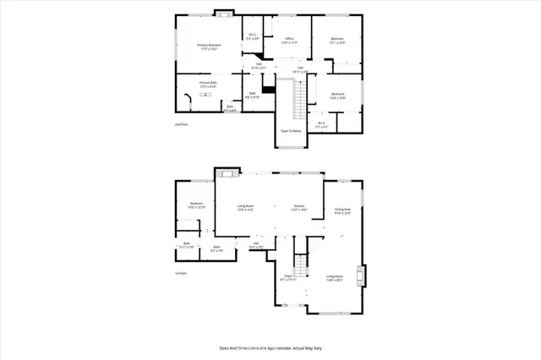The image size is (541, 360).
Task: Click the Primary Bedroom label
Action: click(208, 46)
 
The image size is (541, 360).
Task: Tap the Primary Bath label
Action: click(208, 84)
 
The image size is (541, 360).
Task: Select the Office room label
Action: click(289, 40)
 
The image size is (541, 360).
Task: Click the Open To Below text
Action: click(291, 131)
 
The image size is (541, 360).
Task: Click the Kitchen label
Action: click(299, 207)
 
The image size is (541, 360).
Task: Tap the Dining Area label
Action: click(342, 211)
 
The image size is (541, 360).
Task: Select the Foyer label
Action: click(287, 277)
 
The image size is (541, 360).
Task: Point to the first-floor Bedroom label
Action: click(196, 205)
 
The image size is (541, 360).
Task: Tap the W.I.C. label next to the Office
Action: click(252, 36)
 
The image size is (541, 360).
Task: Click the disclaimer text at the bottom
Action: click(270, 346)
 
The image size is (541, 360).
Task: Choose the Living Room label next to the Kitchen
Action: click(245, 207)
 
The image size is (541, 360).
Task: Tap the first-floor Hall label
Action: click(255, 245)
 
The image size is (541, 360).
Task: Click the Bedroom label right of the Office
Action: click(337, 41)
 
